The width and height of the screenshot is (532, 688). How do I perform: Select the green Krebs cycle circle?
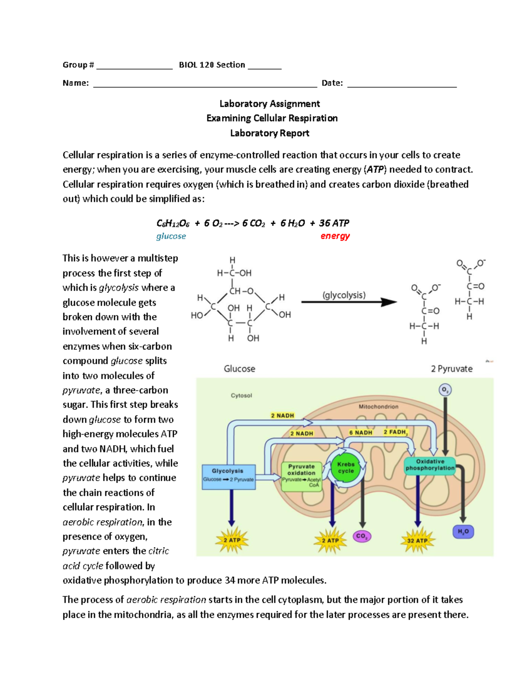(x=346, y=468)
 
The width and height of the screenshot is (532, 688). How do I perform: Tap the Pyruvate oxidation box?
(x=301, y=476)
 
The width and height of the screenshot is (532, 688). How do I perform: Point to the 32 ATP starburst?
(x=417, y=540)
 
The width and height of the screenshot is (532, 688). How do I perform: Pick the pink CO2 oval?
(x=362, y=536)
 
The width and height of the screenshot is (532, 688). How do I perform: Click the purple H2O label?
(x=463, y=532)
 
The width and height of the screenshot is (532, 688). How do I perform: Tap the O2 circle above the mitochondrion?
(x=445, y=390)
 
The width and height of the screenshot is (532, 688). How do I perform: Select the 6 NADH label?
(x=360, y=432)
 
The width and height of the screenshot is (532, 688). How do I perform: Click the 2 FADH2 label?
(x=395, y=432)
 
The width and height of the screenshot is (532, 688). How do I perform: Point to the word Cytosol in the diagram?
(x=241, y=396)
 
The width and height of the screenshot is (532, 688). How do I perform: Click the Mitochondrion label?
(x=378, y=406)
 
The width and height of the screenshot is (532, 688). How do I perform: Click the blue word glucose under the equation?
(x=171, y=236)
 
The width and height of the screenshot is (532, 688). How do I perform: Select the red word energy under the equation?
(x=335, y=236)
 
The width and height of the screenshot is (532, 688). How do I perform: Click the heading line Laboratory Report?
(x=270, y=133)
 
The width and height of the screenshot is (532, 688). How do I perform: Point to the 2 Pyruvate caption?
(x=451, y=369)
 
